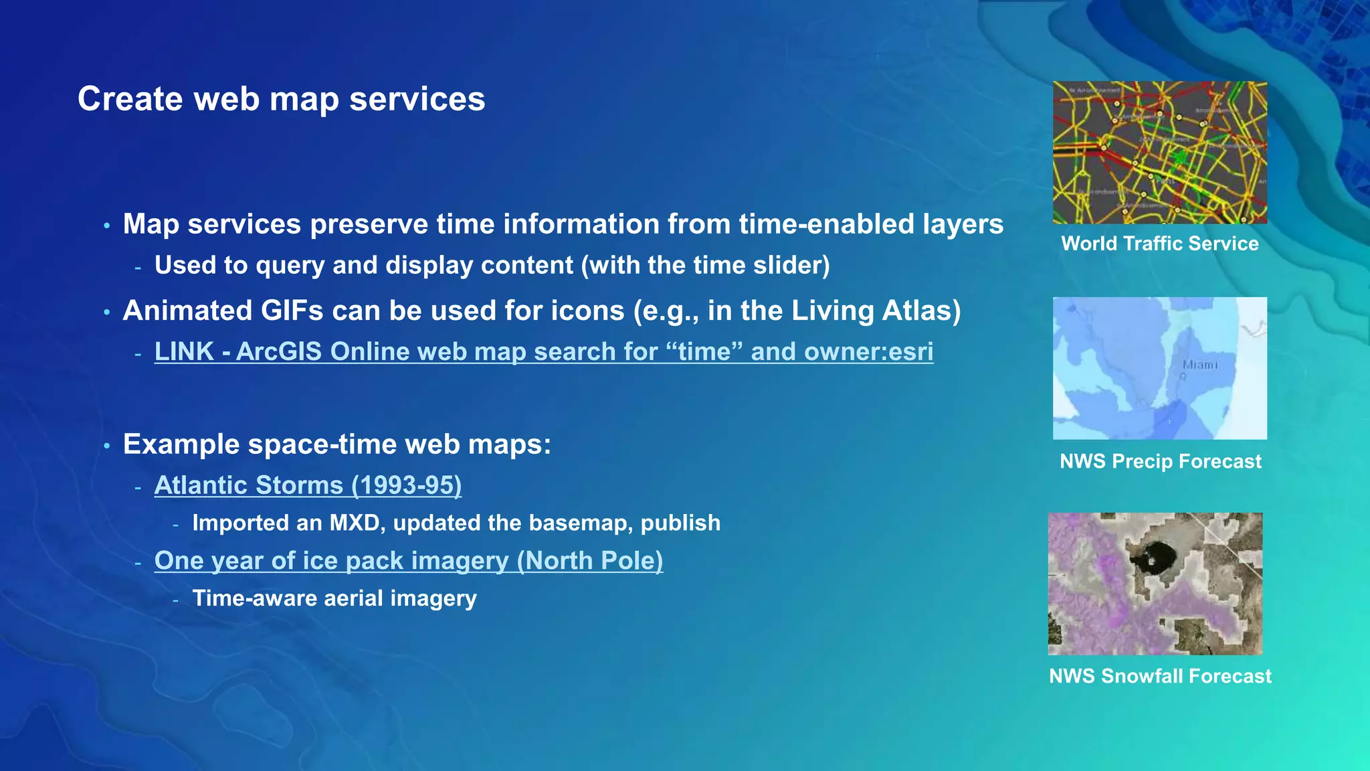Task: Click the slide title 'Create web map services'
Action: pyautogui.click(x=281, y=99)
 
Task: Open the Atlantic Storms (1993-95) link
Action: pyautogui.click(x=308, y=485)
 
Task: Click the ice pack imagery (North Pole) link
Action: pyautogui.click(x=408, y=561)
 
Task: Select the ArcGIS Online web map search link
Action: pyautogui.click(x=543, y=351)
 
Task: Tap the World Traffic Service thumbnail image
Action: pyautogui.click(x=1159, y=153)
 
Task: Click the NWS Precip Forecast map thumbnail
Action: pyautogui.click(x=1159, y=368)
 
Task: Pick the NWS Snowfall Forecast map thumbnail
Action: pyautogui.click(x=1155, y=584)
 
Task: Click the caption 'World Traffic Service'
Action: pyautogui.click(x=1159, y=244)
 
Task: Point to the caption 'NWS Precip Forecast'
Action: pyautogui.click(x=1160, y=461)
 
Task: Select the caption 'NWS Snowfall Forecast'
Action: pyautogui.click(x=1159, y=676)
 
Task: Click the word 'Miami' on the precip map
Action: pyautogui.click(x=1199, y=365)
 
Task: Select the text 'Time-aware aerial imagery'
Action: pyautogui.click(x=334, y=598)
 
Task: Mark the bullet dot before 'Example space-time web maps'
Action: pyautogui.click(x=107, y=446)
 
